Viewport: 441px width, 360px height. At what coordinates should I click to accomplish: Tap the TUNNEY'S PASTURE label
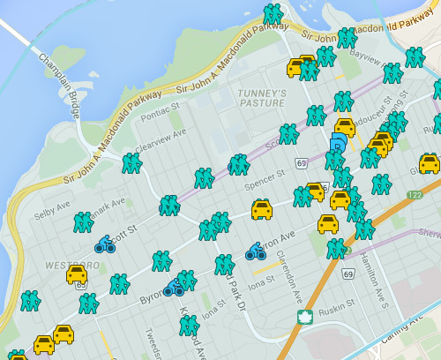click(263, 97)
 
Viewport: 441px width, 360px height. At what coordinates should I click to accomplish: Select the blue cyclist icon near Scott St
click(105, 244)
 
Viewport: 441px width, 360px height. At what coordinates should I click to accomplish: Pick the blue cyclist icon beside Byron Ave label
click(256, 252)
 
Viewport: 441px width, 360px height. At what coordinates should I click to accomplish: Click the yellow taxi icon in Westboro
click(77, 274)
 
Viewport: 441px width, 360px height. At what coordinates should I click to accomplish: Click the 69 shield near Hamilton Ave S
click(348, 275)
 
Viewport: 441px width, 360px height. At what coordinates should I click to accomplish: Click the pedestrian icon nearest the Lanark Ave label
click(84, 221)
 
